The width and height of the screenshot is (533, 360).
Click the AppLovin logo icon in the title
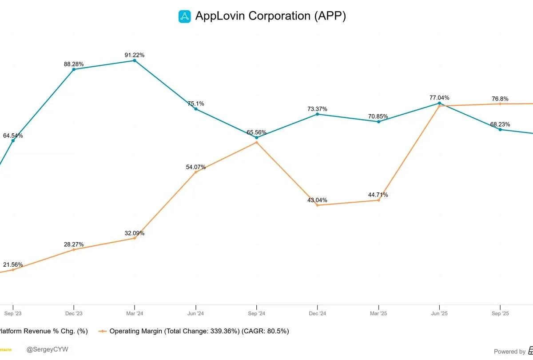(184, 16)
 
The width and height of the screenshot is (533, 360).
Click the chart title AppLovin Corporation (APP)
(270, 16)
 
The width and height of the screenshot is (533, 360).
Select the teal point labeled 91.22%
(135, 60)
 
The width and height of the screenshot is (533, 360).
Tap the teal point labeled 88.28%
(74, 69)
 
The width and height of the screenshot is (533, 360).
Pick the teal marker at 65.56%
(257, 138)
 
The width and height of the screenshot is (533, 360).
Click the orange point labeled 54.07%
(196, 172)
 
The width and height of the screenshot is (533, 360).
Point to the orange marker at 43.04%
(317, 205)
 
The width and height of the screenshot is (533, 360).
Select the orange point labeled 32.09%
(135, 238)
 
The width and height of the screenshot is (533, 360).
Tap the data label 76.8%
(500, 99)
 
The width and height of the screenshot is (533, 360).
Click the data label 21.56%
(13, 264)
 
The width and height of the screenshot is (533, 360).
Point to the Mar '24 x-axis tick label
(135, 313)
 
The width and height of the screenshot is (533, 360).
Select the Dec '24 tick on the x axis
(317, 313)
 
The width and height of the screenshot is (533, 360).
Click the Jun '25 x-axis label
(439, 313)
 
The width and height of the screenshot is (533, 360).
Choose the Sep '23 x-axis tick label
(13, 313)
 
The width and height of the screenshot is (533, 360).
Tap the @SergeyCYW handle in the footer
(48, 350)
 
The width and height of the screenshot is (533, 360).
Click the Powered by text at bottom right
(509, 352)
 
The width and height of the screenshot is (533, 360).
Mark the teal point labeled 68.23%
(500, 129)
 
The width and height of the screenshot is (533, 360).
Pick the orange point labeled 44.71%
(378, 200)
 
